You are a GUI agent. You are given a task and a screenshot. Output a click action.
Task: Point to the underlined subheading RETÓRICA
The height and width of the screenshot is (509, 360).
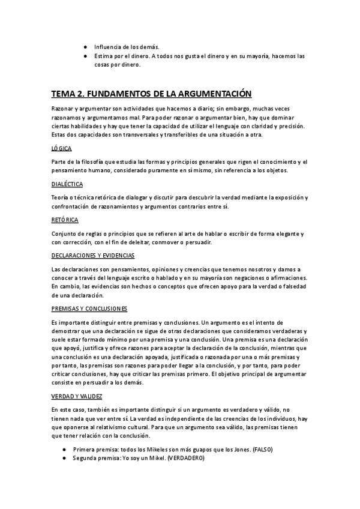[65, 219]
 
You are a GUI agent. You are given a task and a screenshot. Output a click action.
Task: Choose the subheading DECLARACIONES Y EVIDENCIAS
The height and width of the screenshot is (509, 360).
[93, 255]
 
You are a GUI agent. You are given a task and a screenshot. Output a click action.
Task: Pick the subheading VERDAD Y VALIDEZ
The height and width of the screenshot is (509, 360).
[77, 397]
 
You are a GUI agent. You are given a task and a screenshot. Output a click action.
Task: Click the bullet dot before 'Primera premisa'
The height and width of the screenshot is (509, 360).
[64, 450]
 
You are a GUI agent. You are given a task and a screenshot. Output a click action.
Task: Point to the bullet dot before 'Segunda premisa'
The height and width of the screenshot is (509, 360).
[64, 458]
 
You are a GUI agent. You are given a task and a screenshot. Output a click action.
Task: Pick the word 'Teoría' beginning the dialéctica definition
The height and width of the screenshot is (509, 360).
[61, 197]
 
